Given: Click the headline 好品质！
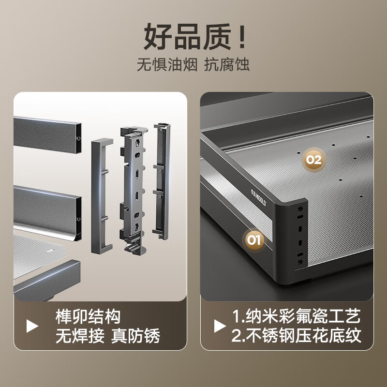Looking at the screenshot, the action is click(x=194, y=37).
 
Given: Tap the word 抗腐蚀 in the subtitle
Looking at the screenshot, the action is click(x=226, y=65).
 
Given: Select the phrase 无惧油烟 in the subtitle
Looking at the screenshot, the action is click(x=167, y=65).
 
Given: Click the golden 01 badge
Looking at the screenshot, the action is click(x=254, y=239).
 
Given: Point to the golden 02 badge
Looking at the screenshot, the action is click(x=314, y=160).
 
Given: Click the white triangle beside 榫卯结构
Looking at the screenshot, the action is click(x=32, y=326).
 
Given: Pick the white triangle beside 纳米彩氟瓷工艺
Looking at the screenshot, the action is click(x=220, y=326).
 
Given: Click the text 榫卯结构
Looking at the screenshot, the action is click(x=88, y=317).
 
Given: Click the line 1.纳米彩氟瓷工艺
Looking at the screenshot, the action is click(x=296, y=316).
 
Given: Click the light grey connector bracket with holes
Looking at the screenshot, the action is click(x=134, y=190).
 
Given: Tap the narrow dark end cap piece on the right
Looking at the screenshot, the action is click(x=162, y=181).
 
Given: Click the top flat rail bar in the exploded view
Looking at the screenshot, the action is click(x=47, y=135).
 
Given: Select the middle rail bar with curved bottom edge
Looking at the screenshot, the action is click(x=47, y=212).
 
